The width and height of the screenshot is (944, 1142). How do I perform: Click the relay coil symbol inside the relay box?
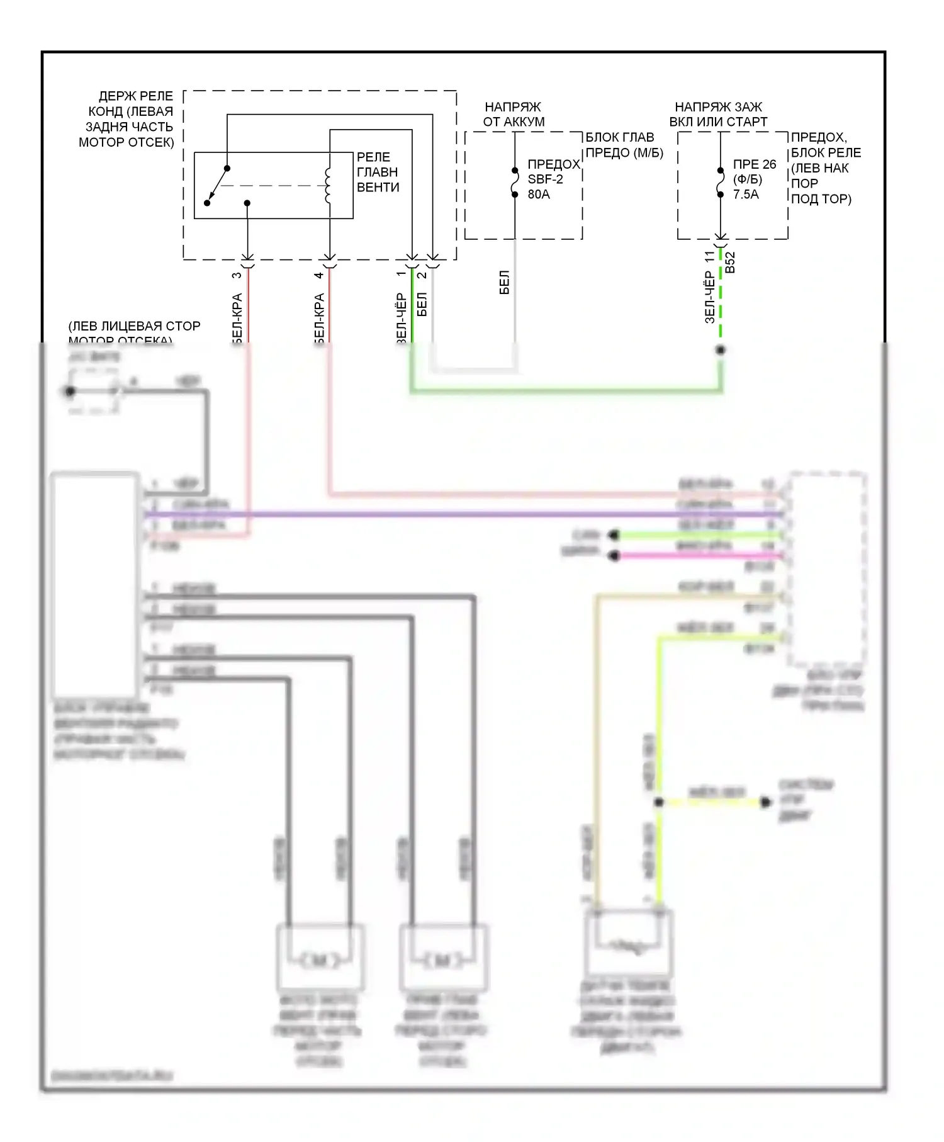pos(327,186)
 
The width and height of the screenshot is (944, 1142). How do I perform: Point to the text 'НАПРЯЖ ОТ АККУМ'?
pos(514,115)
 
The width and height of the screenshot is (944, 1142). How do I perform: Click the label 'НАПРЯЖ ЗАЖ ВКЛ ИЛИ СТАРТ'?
pos(718,115)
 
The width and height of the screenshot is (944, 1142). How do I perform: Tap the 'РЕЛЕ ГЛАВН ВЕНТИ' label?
pos(378,172)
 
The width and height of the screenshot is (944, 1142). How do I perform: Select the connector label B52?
pos(730,263)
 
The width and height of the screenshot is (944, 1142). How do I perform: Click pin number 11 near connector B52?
pos(710,257)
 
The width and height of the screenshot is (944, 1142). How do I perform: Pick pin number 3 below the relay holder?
pos(237,275)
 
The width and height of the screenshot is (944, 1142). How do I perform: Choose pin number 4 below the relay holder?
pos(319,275)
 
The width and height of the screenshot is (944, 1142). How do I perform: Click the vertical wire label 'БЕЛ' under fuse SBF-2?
pos(504,283)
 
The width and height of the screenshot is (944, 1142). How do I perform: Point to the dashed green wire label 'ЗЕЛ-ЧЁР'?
pos(710,297)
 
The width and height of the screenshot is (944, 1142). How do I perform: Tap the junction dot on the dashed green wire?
pos(721,350)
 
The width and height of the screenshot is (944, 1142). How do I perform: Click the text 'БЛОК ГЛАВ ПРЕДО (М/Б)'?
pos(624,145)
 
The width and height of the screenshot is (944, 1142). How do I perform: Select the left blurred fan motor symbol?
pos(320,961)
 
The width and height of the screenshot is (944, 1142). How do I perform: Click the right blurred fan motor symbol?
pos(444,961)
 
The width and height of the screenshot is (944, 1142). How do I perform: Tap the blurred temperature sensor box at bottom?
pos(628,942)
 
